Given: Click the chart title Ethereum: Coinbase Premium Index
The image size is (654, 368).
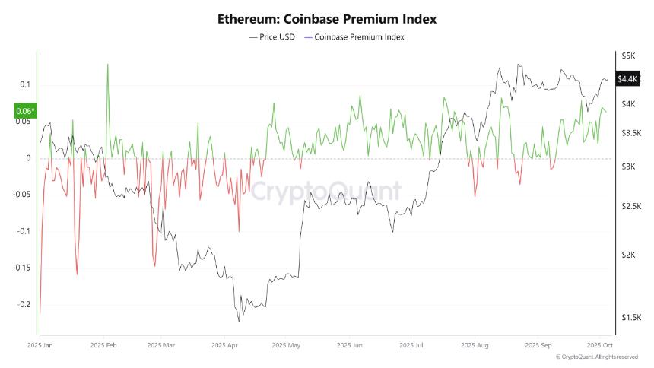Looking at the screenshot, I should pyautogui.click(x=327, y=17).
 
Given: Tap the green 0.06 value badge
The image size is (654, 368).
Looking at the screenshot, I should pyautogui.click(x=25, y=112).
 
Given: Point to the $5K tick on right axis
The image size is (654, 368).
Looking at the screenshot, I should pyautogui.click(x=628, y=56).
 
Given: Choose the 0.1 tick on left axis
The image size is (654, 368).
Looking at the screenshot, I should pyautogui.click(x=24, y=84).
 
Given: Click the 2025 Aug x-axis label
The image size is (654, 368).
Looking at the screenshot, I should pyautogui.click(x=474, y=345).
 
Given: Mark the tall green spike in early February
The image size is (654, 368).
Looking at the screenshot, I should pyautogui.click(x=107, y=65).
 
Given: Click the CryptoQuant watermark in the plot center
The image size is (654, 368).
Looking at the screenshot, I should pyautogui.click(x=327, y=190).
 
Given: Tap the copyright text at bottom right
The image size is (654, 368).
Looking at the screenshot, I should pyautogui.click(x=596, y=357).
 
